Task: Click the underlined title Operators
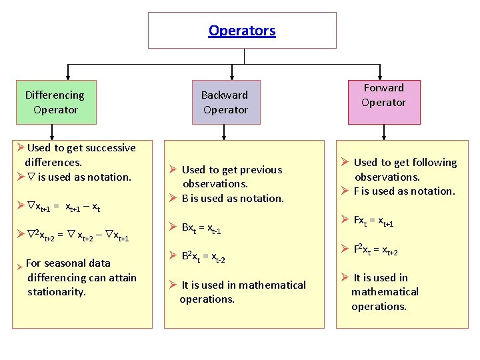242,31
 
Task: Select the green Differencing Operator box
55,103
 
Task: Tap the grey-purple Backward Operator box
225,103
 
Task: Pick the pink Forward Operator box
383,95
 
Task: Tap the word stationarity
56,292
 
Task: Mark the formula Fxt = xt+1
373,221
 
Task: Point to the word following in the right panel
433,163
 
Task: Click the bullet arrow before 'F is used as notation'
345,191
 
